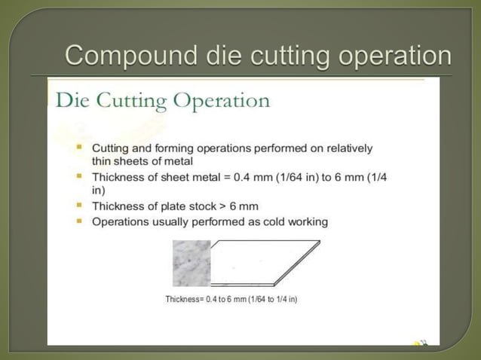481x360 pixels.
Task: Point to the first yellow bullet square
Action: click(79, 148)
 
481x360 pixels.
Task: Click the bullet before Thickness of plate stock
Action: click(79, 205)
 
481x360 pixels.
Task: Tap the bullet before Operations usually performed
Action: click(79, 221)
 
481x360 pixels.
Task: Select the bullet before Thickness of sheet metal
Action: click(79, 176)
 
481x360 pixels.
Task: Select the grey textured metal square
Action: click(191, 263)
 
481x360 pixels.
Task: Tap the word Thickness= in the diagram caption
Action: click(185, 300)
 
